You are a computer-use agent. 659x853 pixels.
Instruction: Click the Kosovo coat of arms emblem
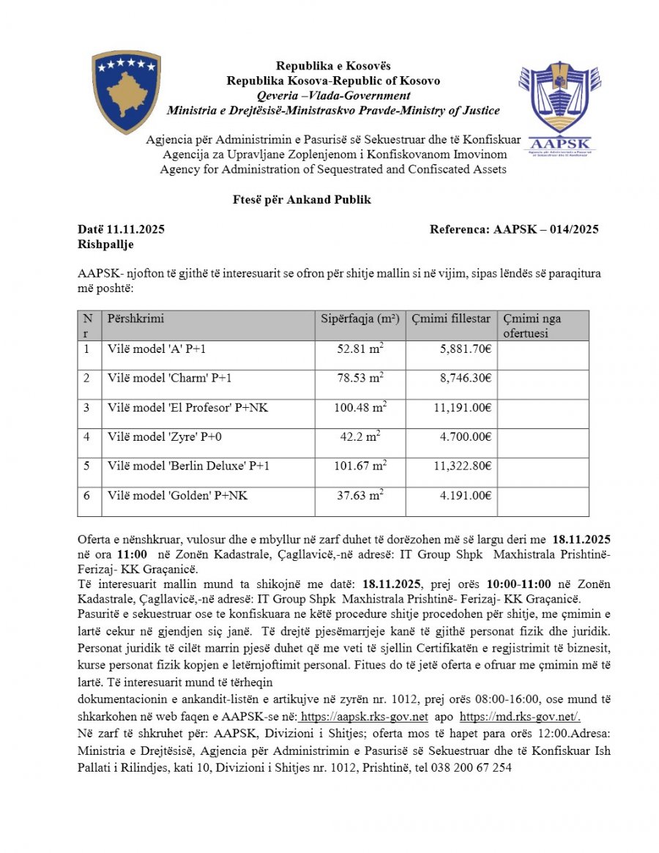pos(126,92)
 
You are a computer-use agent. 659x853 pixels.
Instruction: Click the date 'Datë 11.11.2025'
pos(121,229)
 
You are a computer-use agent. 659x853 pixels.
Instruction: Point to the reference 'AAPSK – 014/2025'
pos(546,229)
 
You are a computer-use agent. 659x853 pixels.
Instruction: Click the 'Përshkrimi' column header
pos(136,319)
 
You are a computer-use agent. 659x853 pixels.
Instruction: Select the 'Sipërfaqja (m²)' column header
pos(360,319)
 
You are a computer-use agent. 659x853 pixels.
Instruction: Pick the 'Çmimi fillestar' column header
pos(450,319)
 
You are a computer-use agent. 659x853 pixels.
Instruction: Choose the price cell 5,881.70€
pos(461,349)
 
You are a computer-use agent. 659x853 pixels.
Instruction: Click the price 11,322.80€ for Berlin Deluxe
pos(461,466)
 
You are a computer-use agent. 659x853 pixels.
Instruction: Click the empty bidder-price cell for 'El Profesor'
pos(543,414)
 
